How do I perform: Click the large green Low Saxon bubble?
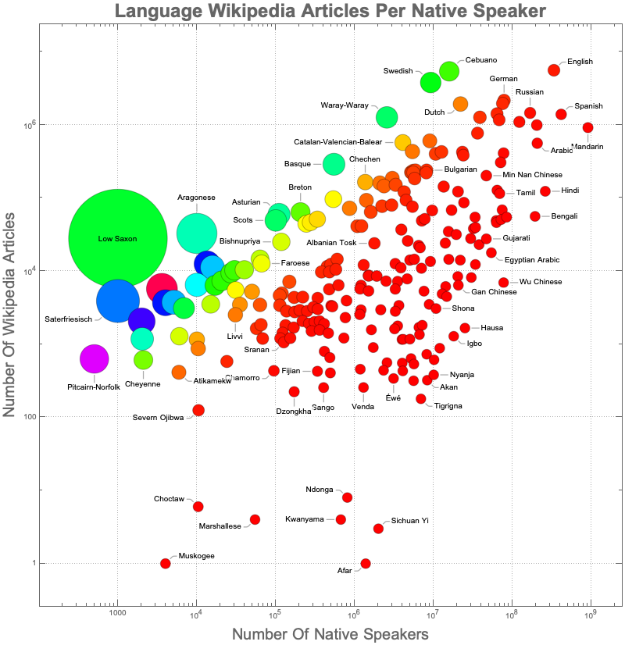(x=117, y=238)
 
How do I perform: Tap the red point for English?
(x=554, y=69)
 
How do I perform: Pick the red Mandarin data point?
(x=588, y=127)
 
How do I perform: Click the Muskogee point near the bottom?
(x=166, y=563)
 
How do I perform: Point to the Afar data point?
(x=366, y=563)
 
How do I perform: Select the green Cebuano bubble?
(x=449, y=70)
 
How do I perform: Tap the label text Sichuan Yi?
(x=410, y=521)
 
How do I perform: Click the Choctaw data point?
(x=198, y=507)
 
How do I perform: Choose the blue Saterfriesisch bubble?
(x=118, y=301)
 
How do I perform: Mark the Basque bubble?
(x=334, y=164)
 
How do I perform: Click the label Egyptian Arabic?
(x=532, y=259)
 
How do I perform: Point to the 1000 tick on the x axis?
(x=117, y=614)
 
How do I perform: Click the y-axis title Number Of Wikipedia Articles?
(x=12, y=312)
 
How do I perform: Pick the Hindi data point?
(x=545, y=191)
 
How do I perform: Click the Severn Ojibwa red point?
(x=198, y=410)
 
